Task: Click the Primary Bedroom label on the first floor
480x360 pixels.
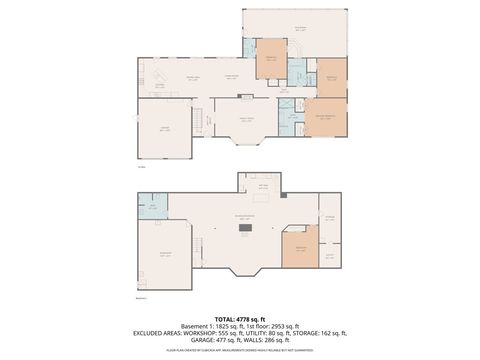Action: point(324,116)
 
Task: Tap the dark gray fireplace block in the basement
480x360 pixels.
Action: point(240,229)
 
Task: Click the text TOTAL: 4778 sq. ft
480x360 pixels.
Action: point(240,317)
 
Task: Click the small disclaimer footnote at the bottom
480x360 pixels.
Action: point(240,352)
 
